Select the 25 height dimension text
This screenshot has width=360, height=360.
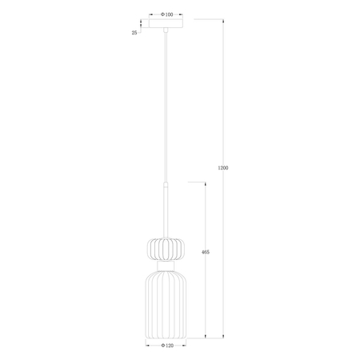point(134,32)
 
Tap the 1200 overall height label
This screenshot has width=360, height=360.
point(223,168)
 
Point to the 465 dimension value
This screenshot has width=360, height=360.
point(206,252)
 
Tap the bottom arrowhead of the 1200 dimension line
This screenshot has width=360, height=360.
point(223,336)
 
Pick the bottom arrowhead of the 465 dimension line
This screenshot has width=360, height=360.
point(206,336)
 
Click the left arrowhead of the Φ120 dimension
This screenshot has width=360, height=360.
point(146,346)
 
